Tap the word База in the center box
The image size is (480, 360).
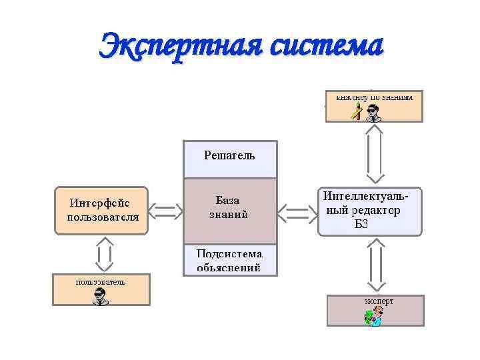(227, 200)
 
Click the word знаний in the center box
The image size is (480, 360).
(229, 215)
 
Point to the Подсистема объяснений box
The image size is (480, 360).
(229, 261)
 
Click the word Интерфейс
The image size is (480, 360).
(101, 203)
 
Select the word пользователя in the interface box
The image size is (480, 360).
(103, 217)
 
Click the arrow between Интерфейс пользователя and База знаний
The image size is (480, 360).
(165, 212)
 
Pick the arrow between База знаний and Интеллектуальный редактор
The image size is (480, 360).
(297, 213)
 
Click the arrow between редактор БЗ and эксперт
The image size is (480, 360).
(375, 265)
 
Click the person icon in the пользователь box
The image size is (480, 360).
(100, 297)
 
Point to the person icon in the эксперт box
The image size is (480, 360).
(373, 317)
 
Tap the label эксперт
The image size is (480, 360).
(379, 301)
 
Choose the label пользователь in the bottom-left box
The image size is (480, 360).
(100, 281)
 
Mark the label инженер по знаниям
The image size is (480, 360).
(374, 97)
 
